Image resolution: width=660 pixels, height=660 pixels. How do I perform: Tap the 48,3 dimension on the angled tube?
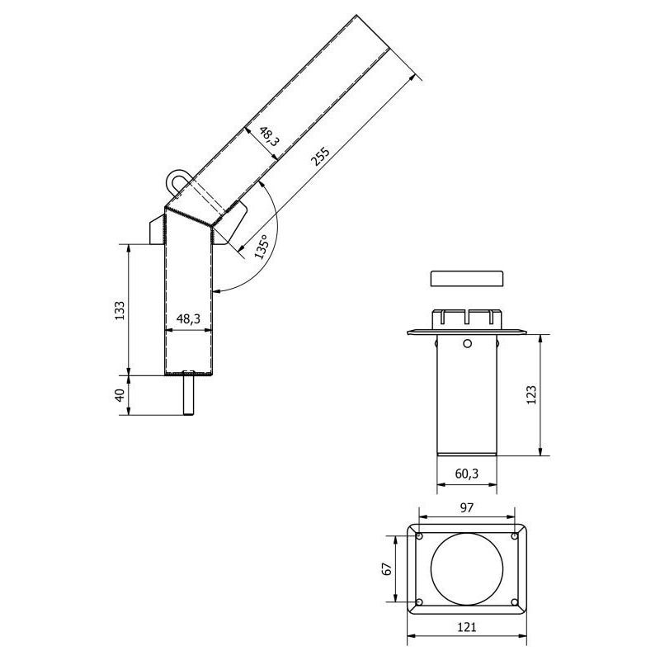[268, 137]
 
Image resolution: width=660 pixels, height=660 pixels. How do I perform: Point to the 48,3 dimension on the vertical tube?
[189, 318]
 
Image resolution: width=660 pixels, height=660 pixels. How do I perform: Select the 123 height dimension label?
[530, 394]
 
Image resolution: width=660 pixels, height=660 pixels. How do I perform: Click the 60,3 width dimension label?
[467, 473]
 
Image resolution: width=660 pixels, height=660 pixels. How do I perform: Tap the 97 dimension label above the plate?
[467, 508]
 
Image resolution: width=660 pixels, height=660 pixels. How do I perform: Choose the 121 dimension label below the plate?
[467, 628]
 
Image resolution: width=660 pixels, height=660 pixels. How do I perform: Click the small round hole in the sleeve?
[467, 343]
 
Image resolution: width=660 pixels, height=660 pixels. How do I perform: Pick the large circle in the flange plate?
[467, 568]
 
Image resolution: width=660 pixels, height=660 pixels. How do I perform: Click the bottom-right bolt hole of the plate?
[515, 601]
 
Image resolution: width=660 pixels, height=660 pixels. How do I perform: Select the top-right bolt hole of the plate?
[515, 537]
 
